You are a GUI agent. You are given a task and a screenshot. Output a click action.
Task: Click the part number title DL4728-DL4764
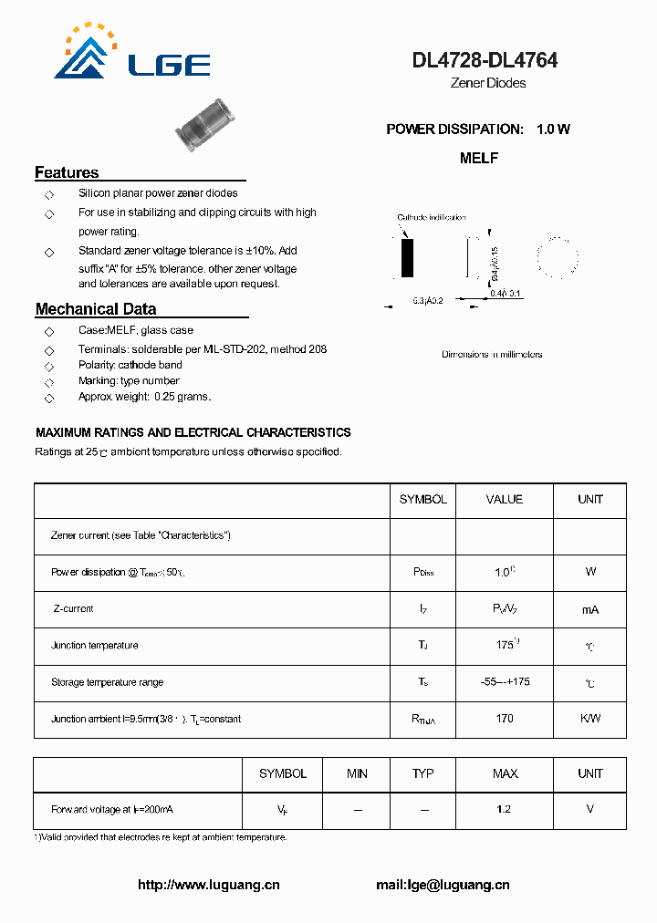[x=485, y=61]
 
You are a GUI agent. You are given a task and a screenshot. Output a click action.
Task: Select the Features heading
[x=67, y=172]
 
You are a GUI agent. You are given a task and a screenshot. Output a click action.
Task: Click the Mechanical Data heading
[x=96, y=309]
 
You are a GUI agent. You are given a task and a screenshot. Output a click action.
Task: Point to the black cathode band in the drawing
[x=407, y=258]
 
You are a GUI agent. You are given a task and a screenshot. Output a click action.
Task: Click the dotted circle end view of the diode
[x=557, y=257]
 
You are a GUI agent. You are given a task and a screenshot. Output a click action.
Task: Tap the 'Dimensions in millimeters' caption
[x=492, y=354]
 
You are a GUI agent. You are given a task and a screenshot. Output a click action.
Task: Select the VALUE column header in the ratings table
[x=505, y=500]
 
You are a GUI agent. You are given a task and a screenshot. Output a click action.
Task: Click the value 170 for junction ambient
[x=505, y=719]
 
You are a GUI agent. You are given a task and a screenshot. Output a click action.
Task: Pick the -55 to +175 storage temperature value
[x=505, y=682]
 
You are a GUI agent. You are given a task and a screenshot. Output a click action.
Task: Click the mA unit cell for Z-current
[x=590, y=609]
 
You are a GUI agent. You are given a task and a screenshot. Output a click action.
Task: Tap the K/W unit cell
[x=590, y=719]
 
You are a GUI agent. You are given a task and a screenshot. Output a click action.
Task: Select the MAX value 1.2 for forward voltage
[x=505, y=809]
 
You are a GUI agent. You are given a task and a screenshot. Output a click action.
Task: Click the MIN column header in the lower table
[x=357, y=773]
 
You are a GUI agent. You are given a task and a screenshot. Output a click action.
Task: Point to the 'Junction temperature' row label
[x=95, y=646]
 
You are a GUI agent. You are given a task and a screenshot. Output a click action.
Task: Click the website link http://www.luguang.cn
[x=209, y=885]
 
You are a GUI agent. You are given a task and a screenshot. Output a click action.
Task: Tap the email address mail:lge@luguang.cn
[x=443, y=885]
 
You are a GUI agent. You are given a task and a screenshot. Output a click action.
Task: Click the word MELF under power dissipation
[x=479, y=158]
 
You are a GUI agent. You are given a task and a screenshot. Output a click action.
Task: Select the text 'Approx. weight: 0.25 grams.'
[x=145, y=397]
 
